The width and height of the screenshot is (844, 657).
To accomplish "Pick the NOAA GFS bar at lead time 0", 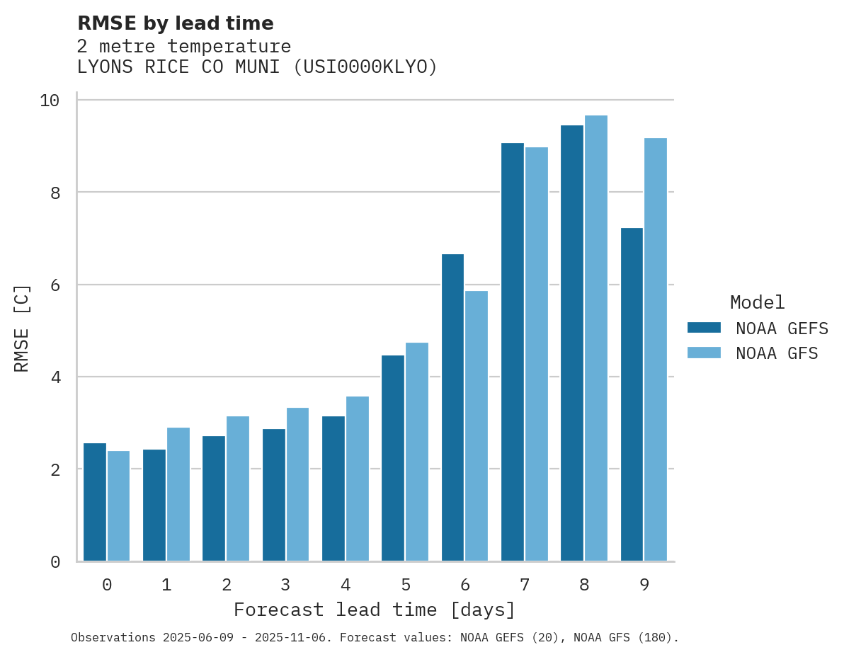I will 119,505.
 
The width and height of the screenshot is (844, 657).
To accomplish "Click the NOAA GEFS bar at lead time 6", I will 452,407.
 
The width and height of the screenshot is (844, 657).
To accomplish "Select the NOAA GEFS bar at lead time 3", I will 274,495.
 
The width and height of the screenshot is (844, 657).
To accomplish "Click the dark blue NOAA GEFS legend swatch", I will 704,328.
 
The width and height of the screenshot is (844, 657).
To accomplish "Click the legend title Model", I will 758,303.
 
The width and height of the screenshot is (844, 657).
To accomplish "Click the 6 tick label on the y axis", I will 55,285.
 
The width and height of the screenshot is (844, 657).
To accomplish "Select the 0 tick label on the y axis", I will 55,562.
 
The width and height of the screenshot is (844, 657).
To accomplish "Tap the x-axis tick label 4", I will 346,585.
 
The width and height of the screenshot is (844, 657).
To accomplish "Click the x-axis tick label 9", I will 644,585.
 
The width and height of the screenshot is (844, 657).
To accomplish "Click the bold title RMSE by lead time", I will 175,24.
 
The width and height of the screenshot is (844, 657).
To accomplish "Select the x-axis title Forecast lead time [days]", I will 375,610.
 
